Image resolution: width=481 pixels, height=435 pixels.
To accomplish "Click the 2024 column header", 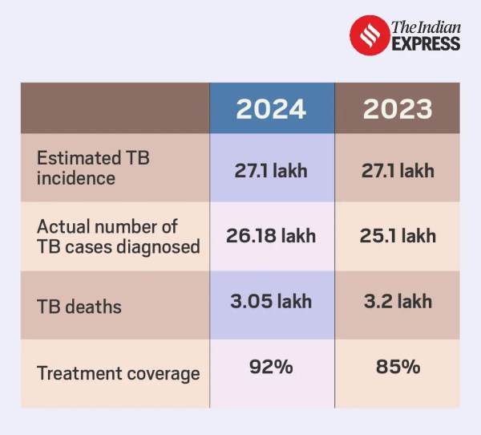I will [271, 109].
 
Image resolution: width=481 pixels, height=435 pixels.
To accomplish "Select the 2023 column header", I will [398, 109].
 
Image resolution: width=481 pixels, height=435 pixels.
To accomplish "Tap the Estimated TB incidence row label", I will [93, 168].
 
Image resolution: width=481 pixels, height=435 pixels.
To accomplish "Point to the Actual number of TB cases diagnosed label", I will [118, 237].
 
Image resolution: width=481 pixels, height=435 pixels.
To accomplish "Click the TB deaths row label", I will [79, 306].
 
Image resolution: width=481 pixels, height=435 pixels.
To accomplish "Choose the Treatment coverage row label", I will [118, 373].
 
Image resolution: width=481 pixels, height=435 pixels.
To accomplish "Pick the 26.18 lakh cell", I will [271, 236].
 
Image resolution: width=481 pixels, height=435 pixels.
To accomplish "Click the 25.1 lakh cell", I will [398, 236].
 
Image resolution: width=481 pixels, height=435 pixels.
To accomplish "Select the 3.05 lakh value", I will [271, 302].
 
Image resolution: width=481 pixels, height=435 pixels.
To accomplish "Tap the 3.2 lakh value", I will [398, 302].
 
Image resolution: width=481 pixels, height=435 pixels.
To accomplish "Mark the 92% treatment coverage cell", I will [271, 368].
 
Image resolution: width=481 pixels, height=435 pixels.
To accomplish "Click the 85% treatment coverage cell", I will [398, 368].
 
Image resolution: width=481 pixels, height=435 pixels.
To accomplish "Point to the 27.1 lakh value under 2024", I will [271, 170].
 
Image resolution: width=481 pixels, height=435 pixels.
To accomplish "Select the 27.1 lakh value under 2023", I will [398, 170].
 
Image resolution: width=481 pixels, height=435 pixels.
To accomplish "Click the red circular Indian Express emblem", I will [369, 35].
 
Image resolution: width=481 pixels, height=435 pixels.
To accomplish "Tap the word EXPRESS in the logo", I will [426, 43].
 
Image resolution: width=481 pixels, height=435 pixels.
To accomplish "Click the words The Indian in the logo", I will [426, 26].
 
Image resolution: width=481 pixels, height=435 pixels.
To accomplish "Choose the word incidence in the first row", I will [75, 177].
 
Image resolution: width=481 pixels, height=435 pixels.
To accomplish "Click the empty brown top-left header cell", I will [115, 108].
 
